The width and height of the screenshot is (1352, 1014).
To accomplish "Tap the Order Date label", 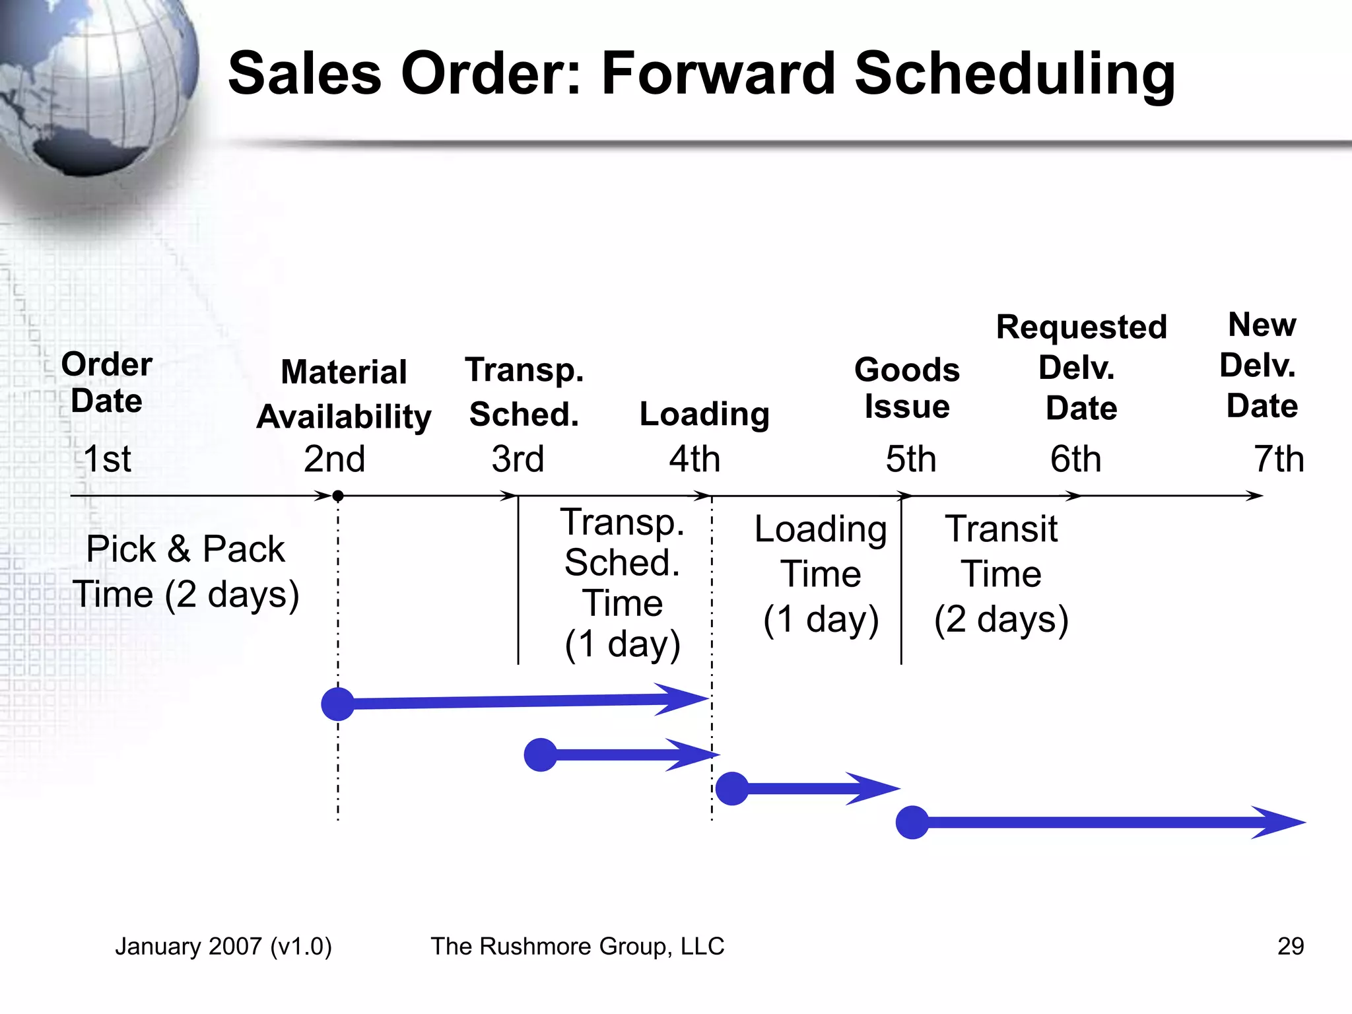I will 106,383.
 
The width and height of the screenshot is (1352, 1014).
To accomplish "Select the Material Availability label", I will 344,394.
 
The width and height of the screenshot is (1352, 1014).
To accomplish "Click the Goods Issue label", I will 907,388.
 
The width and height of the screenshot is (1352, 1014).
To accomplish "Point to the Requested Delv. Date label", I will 1081,368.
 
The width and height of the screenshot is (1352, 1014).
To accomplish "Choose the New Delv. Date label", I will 1261,365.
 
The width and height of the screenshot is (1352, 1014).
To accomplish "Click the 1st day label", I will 107,459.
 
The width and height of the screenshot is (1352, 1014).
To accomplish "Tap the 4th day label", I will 694,459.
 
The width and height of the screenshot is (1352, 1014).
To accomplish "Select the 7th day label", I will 1279,459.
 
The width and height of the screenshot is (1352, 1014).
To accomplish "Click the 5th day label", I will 910,459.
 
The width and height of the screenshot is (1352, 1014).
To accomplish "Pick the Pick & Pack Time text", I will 186,572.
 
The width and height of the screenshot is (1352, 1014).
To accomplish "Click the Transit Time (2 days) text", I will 1001,574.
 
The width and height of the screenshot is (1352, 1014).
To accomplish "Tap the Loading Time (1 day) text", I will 821,574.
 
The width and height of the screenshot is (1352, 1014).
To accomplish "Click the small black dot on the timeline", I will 337,496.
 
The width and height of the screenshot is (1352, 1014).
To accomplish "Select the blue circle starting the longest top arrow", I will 338,704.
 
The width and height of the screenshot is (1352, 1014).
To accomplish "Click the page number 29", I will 1290,946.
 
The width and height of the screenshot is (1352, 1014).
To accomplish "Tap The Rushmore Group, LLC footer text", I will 577,946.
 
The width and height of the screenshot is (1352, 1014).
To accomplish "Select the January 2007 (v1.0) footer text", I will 223,946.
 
